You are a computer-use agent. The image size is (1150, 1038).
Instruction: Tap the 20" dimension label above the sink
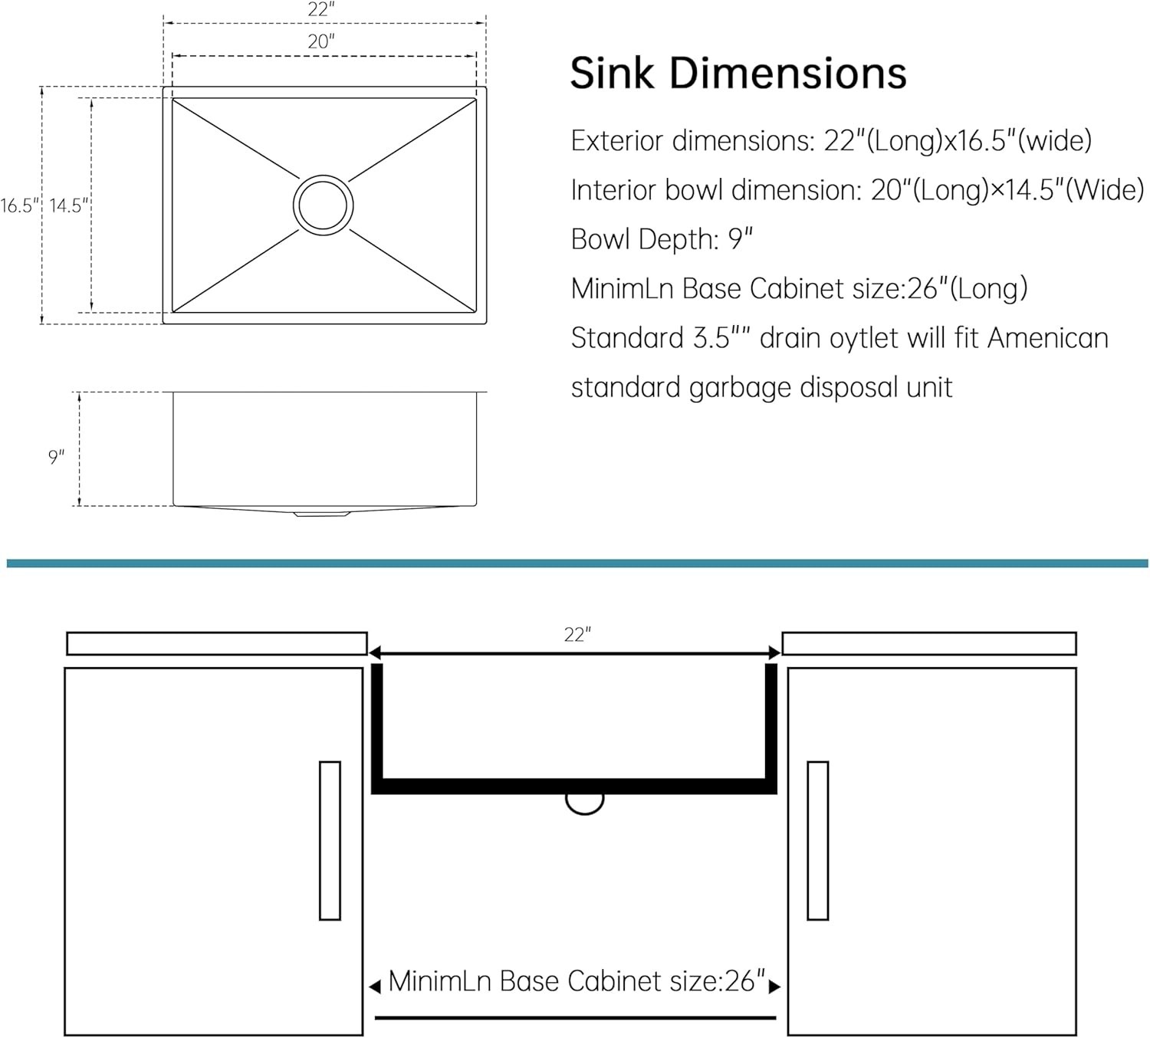point(321,42)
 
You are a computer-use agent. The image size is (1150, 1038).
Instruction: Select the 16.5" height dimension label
point(20,205)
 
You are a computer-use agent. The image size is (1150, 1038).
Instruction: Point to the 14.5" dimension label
point(69,205)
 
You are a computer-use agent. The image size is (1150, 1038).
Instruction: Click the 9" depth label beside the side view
point(56,457)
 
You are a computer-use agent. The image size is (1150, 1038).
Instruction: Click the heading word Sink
point(612,74)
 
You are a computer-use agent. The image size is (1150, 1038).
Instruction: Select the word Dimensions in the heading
point(787,74)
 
